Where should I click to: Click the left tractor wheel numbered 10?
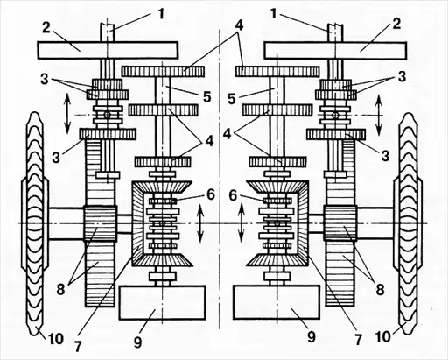35,223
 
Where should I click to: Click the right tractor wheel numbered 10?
408,223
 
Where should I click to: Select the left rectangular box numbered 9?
162,302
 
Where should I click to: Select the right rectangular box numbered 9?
276,302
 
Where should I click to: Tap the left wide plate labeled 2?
108,49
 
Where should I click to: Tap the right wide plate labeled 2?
335,50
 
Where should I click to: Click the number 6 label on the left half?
211,194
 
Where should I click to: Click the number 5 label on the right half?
232,99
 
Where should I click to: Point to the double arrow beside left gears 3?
67,114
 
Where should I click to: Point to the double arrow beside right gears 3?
379,116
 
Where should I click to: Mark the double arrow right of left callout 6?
200,223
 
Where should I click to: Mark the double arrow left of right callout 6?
241,223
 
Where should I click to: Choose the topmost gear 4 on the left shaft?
163,71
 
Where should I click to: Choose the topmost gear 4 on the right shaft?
277,71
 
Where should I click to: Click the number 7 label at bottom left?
78,347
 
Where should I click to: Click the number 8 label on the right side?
380,290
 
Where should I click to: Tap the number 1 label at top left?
161,14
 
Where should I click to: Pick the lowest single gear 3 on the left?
108,134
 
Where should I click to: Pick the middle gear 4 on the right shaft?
277,109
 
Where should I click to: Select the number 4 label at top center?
238,26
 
